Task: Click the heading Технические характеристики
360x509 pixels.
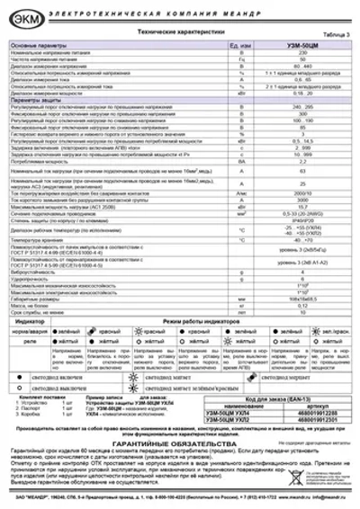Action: [x=180, y=29]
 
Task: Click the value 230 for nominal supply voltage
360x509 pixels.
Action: [x=314, y=50]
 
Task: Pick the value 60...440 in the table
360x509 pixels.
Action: [x=314, y=64]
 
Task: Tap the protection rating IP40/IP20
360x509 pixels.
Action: [x=314, y=220]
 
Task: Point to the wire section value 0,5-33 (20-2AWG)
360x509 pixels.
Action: [x=314, y=213]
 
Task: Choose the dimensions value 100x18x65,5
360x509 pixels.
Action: [x=314, y=273]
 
